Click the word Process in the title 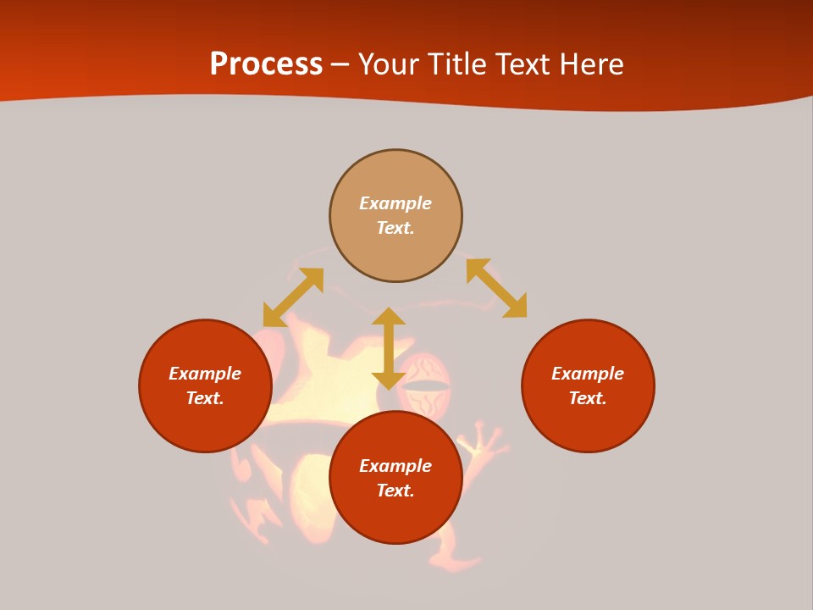tap(266, 64)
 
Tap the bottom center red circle tap(395, 517)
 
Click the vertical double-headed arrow tap(389, 348)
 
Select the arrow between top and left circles tap(293, 297)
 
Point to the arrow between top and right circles tap(496, 288)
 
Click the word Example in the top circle tap(395, 203)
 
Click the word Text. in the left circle tap(205, 398)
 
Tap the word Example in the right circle tap(588, 374)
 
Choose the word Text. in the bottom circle tap(395, 491)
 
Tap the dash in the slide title tap(340, 65)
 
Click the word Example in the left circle tap(205, 374)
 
